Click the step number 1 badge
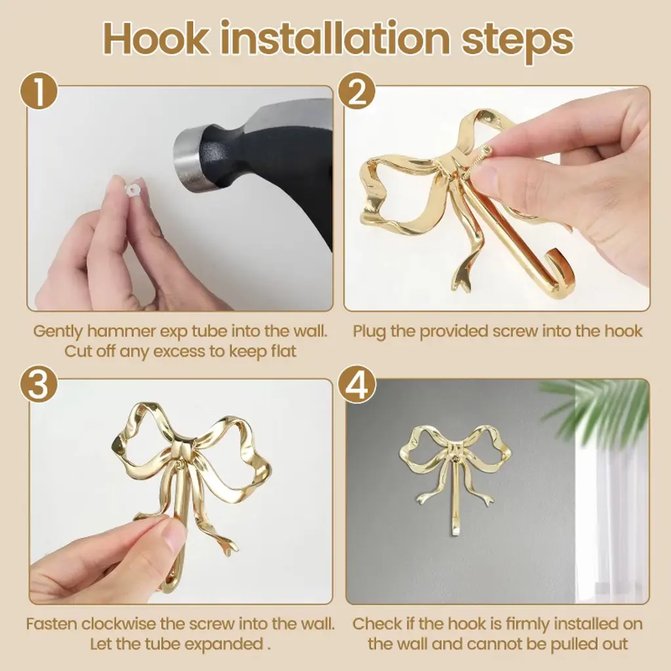[39, 92]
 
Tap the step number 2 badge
[357, 92]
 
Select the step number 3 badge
[39, 384]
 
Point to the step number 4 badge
[357, 384]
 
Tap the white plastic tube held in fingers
[132, 189]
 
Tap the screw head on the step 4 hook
[457, 459]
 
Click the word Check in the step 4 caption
[377, 624]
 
